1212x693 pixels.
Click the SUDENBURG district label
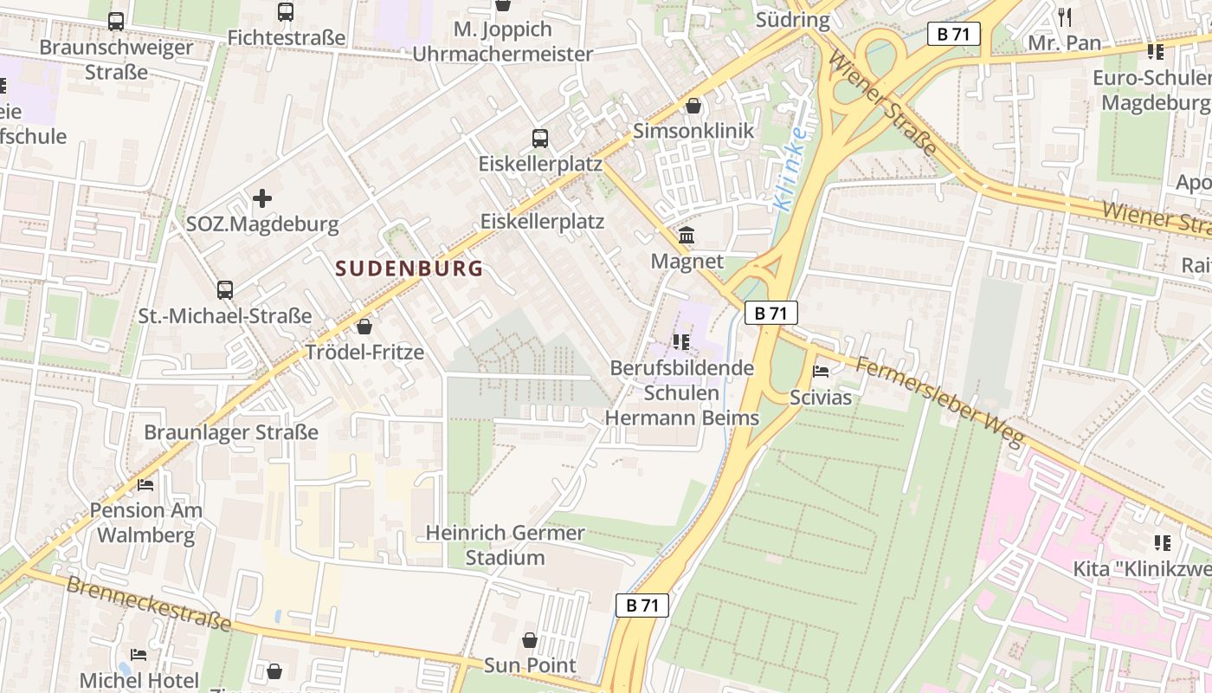click(x=409, y=269)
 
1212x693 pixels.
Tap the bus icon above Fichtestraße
click(x=286, y=12)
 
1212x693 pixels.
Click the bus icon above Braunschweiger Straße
click(x=115, y=22)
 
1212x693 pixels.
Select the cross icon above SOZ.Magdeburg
click(x=262, y=199)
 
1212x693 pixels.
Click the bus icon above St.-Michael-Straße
click(x=225, y=290)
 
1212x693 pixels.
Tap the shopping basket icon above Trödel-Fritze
click(x=364, y=327)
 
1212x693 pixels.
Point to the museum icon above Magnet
click(x=687, y=236)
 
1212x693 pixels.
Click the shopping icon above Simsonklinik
click(x=693, y=106)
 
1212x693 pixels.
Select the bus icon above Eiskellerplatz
click(x=540, y=138)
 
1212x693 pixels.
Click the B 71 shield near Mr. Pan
click(x=954, y=35)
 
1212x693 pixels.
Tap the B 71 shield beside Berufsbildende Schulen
click(x=770, y=313)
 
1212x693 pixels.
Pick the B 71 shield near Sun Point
click(x=642, y=606)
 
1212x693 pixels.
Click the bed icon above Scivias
click(x=821, y=372)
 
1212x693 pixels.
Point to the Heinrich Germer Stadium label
click(x=506, y=545)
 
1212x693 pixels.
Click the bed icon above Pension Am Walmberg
click(x=145, y=485)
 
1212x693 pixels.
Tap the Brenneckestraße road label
click(x=149, y=604)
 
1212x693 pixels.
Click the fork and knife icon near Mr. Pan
click(x=1065, y=16)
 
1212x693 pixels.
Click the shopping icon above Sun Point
click(x=530, y=640)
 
